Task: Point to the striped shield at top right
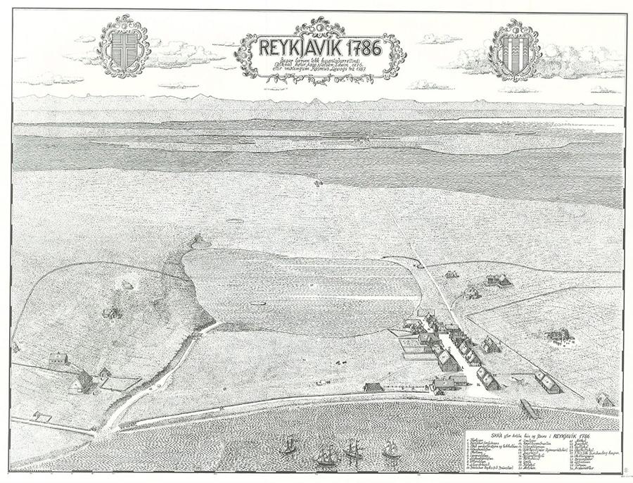[x=515, y=49]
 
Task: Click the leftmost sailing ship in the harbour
[x=288, y=445]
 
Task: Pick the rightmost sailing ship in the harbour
[x=390, y=448]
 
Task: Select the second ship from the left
[x=325, y=454]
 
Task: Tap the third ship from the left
[x=353, y=449]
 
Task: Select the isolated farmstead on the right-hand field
[x=559, y=336]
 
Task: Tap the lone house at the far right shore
[x=604, y=400]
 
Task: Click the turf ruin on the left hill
[x=111, y=312]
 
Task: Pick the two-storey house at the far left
[x=58, y=359]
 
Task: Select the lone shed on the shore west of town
[x=373, y=387]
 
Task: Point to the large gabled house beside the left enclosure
[x=82, y=382]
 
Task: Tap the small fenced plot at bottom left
[x=42, y=418]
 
